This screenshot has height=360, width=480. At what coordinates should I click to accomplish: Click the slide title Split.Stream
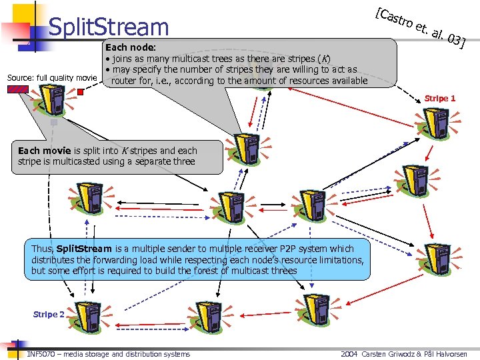point(109,27)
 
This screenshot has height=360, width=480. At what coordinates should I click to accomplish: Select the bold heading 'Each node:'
point(130,48)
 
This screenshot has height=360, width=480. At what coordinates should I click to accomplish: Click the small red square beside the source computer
point(80,92)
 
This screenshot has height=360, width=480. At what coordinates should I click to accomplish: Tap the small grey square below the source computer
point(54,123)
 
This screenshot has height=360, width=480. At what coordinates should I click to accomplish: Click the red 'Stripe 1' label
point(440,98)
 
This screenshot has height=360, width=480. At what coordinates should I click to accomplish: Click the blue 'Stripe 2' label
point(49,314)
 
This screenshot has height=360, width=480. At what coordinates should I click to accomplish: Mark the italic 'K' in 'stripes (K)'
point(324,59)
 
